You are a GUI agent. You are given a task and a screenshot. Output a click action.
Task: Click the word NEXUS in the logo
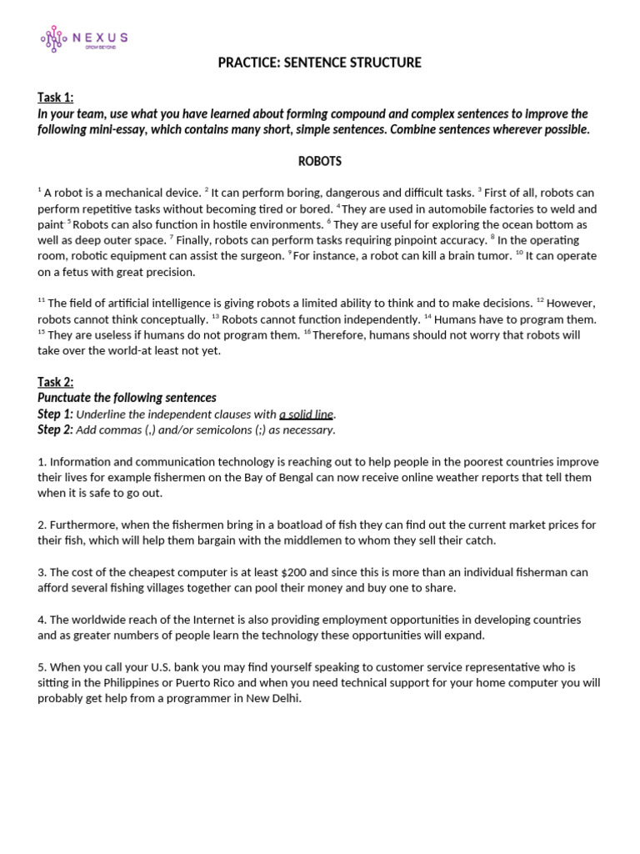click(99, 37)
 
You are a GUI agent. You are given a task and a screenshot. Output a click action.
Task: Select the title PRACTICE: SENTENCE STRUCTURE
click(320, 63)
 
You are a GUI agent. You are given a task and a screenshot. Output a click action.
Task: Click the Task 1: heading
click(55, 98)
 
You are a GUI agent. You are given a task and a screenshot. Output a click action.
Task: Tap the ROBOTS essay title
click(320, 161)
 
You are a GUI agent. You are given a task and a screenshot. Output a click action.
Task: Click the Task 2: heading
click(55, 382)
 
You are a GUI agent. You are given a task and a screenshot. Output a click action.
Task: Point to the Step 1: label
click(55, 414)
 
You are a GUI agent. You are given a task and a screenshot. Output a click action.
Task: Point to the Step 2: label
click(55, 430)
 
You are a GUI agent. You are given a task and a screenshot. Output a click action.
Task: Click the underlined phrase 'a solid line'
click(306, 414)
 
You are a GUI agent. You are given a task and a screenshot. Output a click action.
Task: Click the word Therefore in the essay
click(340, 335)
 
